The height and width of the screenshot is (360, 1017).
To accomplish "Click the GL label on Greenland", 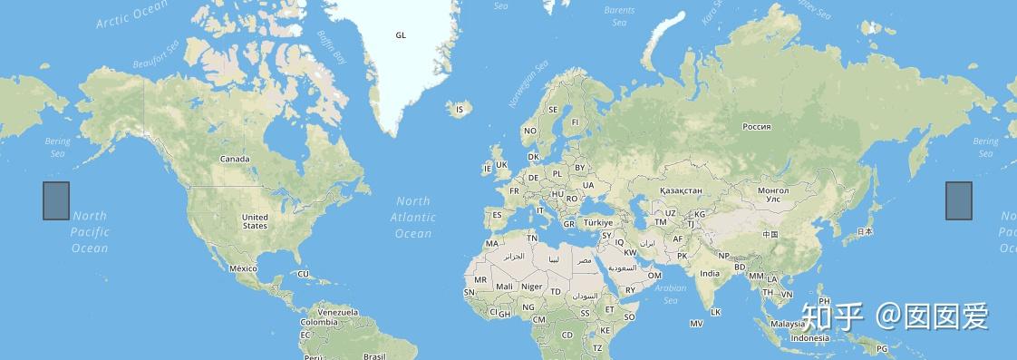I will pos(401,35).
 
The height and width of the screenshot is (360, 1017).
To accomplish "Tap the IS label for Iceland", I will pos(459,110).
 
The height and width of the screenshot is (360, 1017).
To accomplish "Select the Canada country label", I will pos(234,159).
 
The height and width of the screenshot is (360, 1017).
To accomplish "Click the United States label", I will pos(255,221).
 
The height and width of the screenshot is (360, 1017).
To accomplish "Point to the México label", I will pos(243,268).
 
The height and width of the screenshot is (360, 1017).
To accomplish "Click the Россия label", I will pos(756,127).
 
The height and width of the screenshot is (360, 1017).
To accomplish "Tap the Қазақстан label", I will pos(681,190).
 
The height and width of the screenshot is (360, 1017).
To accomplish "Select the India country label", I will pos(710,273).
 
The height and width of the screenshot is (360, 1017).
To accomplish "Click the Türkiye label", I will pos(598,222).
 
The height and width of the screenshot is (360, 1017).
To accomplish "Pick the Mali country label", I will pos(504,287).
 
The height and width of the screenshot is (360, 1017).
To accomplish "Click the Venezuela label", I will pos(338,312).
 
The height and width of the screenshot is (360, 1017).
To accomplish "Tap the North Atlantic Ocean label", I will pos(413,218).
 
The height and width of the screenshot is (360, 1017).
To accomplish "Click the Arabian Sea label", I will pos(671,294).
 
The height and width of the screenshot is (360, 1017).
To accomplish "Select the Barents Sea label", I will pos(619,16).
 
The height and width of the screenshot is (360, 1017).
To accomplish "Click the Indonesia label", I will pos(809,338).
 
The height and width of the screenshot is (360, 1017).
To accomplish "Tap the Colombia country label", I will pos(319,322).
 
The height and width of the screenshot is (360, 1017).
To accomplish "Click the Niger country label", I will pos(532,287).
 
